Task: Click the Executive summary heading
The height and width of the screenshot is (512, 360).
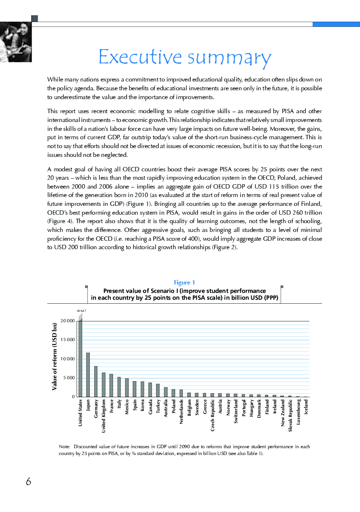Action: click(x=185, y=57)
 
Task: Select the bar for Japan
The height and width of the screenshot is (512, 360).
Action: click(x=88, y=375)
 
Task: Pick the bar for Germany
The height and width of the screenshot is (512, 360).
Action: click(x=96, y=381)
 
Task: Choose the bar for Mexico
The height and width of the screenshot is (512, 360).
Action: click(x=127, y=388)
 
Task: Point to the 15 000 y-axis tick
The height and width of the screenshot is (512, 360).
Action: click(x=68, y=340)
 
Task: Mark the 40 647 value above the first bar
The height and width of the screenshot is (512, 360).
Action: click(x=81, y=311)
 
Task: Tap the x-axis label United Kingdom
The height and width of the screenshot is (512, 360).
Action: click(x=104, y=416)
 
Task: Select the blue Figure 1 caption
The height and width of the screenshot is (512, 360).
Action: click(x=184, y=282)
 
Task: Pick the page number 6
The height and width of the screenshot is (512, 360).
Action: click(x=28, y=482)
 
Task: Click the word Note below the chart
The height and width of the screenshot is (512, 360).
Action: click(x=64, y=447)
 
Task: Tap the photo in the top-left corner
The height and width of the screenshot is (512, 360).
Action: click(x=15, y=42)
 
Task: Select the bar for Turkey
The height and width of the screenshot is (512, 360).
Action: click(x=158, y=390)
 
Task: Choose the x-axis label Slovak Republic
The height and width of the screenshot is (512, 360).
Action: click(x=290, y=415)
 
